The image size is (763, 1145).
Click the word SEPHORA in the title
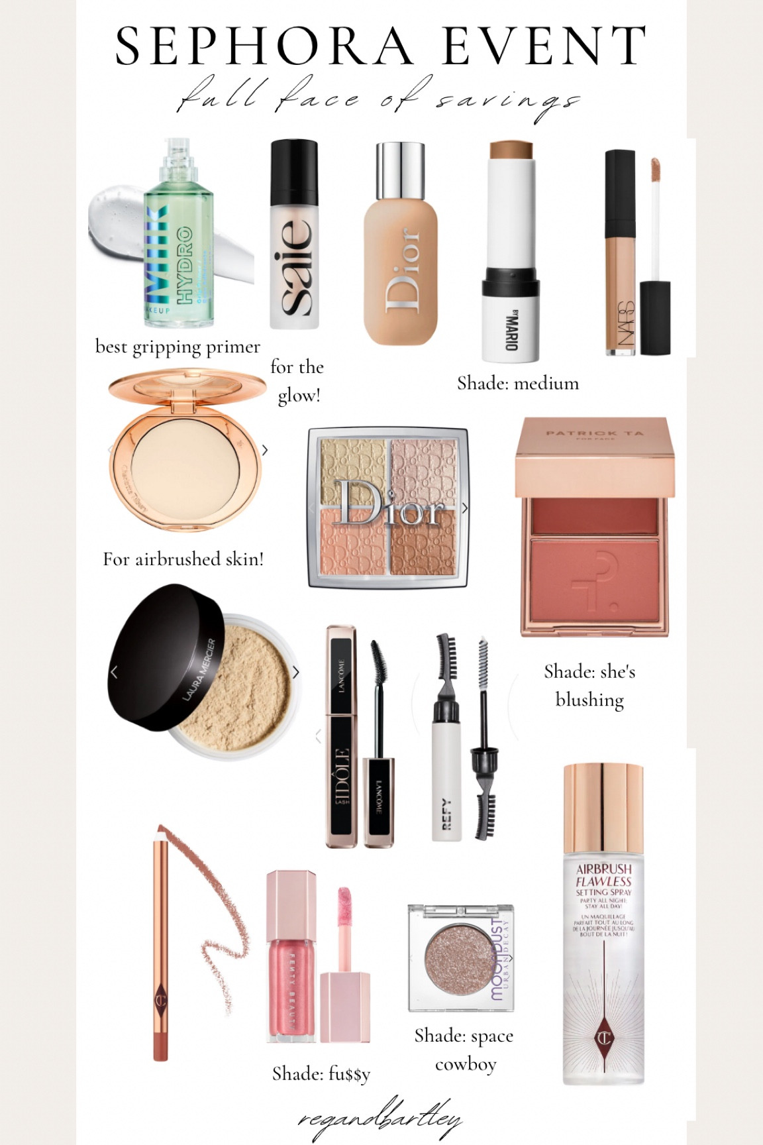[x=265, y=46]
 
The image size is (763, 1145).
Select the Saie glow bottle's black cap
[x=294, y=166]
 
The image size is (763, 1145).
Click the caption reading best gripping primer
[x=178, y=347]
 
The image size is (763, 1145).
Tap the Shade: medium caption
[x=518, y=383]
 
